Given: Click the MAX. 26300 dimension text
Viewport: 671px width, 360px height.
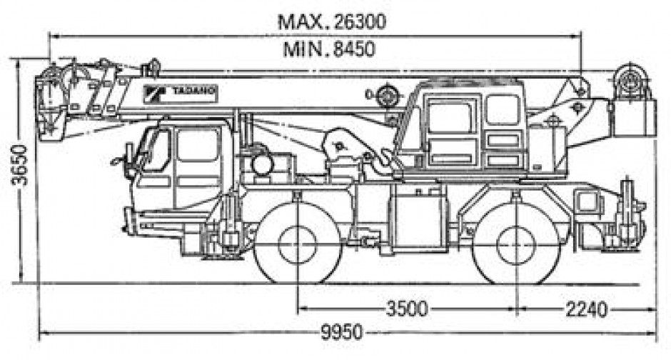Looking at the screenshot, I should tap(332, 21).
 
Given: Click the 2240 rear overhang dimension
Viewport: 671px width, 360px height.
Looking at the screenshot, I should tap(585, 309).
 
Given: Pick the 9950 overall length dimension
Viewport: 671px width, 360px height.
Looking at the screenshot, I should tap(342, 333).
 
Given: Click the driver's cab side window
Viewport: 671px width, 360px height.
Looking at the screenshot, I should tap(197, 146).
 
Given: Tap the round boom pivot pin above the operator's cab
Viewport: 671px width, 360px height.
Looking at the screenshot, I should tap(387, 94).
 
